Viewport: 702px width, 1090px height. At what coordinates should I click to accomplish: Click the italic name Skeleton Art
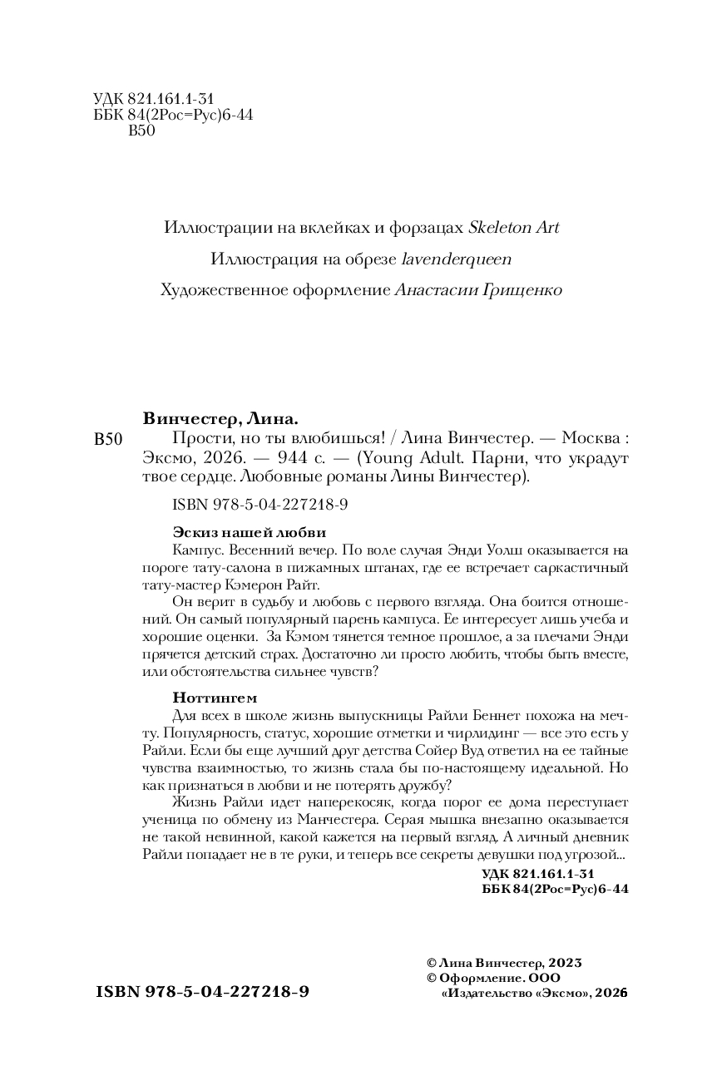pos(514,228)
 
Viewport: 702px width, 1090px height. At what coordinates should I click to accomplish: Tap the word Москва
pos(587,439)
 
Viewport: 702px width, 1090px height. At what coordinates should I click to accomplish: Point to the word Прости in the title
pos(197,439)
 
